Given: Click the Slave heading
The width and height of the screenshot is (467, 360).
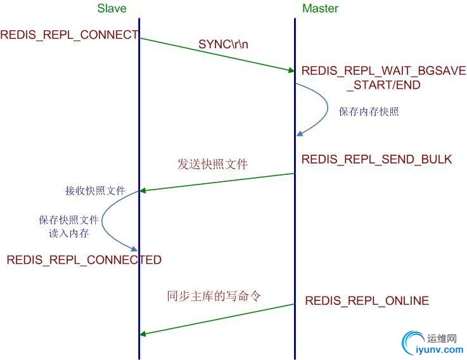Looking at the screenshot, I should point(112,8).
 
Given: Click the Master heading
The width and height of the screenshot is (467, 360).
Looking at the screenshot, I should point(320,8).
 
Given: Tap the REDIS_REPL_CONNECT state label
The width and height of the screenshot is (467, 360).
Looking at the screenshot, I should point(69,35).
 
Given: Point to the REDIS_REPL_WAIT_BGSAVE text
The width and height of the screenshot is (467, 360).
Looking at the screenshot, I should point(383,70).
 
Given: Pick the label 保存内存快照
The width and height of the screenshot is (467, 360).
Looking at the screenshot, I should point(369,112).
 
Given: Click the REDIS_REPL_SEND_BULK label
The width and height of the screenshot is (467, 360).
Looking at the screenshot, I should point(376,159).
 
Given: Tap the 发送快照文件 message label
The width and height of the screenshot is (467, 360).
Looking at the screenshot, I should point(212,164).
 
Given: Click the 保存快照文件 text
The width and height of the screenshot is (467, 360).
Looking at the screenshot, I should point(68,220).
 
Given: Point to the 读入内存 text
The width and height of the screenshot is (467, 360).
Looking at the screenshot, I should point(68,233).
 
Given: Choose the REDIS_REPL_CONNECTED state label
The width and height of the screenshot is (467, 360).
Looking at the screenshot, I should point(84,260).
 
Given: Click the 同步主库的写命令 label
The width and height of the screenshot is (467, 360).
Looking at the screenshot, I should point(214,296).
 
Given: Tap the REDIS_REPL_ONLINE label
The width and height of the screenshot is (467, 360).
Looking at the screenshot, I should point(367,300).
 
